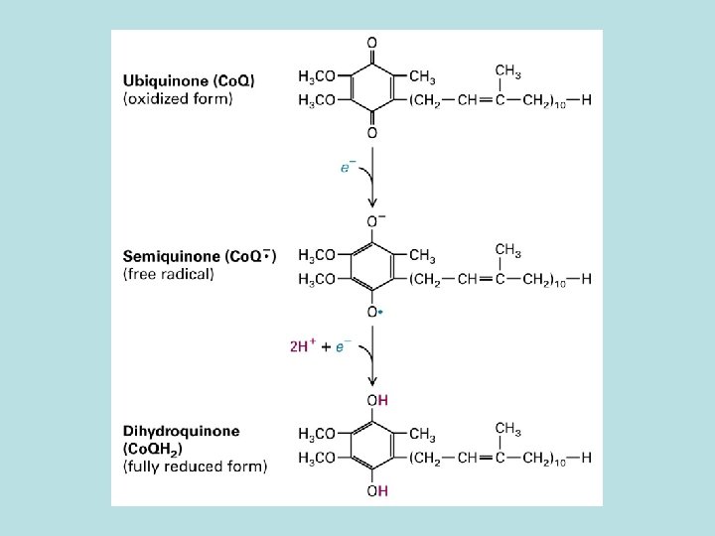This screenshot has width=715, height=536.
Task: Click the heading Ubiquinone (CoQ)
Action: (x=189, y=80)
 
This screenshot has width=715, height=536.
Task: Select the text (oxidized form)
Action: (x=178, y=99)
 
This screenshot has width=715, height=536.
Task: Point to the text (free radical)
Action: (x=168, y=274)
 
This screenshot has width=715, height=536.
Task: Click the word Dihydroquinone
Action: (x=181, y=432)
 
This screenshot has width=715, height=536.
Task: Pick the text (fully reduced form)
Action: (x=195, y=467)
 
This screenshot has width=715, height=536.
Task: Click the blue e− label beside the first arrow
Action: (x=348, y=168)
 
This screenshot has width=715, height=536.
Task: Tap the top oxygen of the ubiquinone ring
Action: (x=372, y=43)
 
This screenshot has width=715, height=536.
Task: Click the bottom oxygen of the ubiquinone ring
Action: (x=372, y=133)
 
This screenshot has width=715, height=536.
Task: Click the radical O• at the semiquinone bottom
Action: (x=374, y=312)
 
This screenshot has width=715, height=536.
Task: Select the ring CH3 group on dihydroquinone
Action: (x=422, y=434)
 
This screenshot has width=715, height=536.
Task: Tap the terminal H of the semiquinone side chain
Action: (x=586, y=280)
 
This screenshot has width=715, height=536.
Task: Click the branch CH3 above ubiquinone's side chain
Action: (x=507, y=70)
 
